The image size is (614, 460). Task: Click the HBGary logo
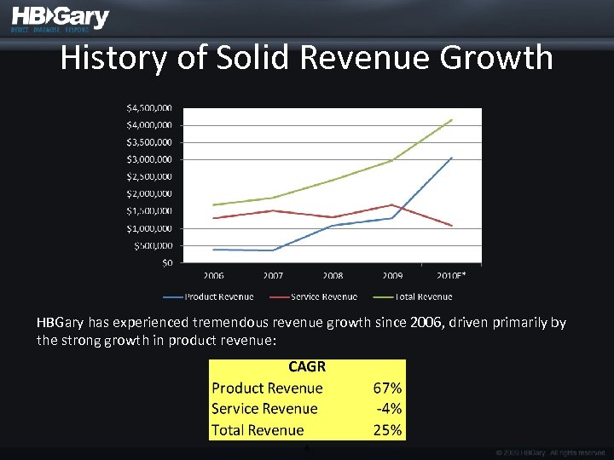60,19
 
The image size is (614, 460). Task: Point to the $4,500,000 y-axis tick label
149,108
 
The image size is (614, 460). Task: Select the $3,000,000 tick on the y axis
149,159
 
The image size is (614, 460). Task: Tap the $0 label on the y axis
166,262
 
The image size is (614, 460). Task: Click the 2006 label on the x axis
213,276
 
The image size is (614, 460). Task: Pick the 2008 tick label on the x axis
333,276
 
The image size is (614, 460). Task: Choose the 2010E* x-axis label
451,276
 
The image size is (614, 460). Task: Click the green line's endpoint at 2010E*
452,119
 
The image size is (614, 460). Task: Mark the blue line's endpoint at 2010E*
452,158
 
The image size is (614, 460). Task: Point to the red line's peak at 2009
392,204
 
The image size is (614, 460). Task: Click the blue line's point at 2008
333,225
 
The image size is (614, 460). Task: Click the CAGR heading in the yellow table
307,367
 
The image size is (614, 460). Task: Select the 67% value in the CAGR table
388,388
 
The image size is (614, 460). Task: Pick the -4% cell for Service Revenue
390,409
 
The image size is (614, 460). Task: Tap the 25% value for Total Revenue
388,429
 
